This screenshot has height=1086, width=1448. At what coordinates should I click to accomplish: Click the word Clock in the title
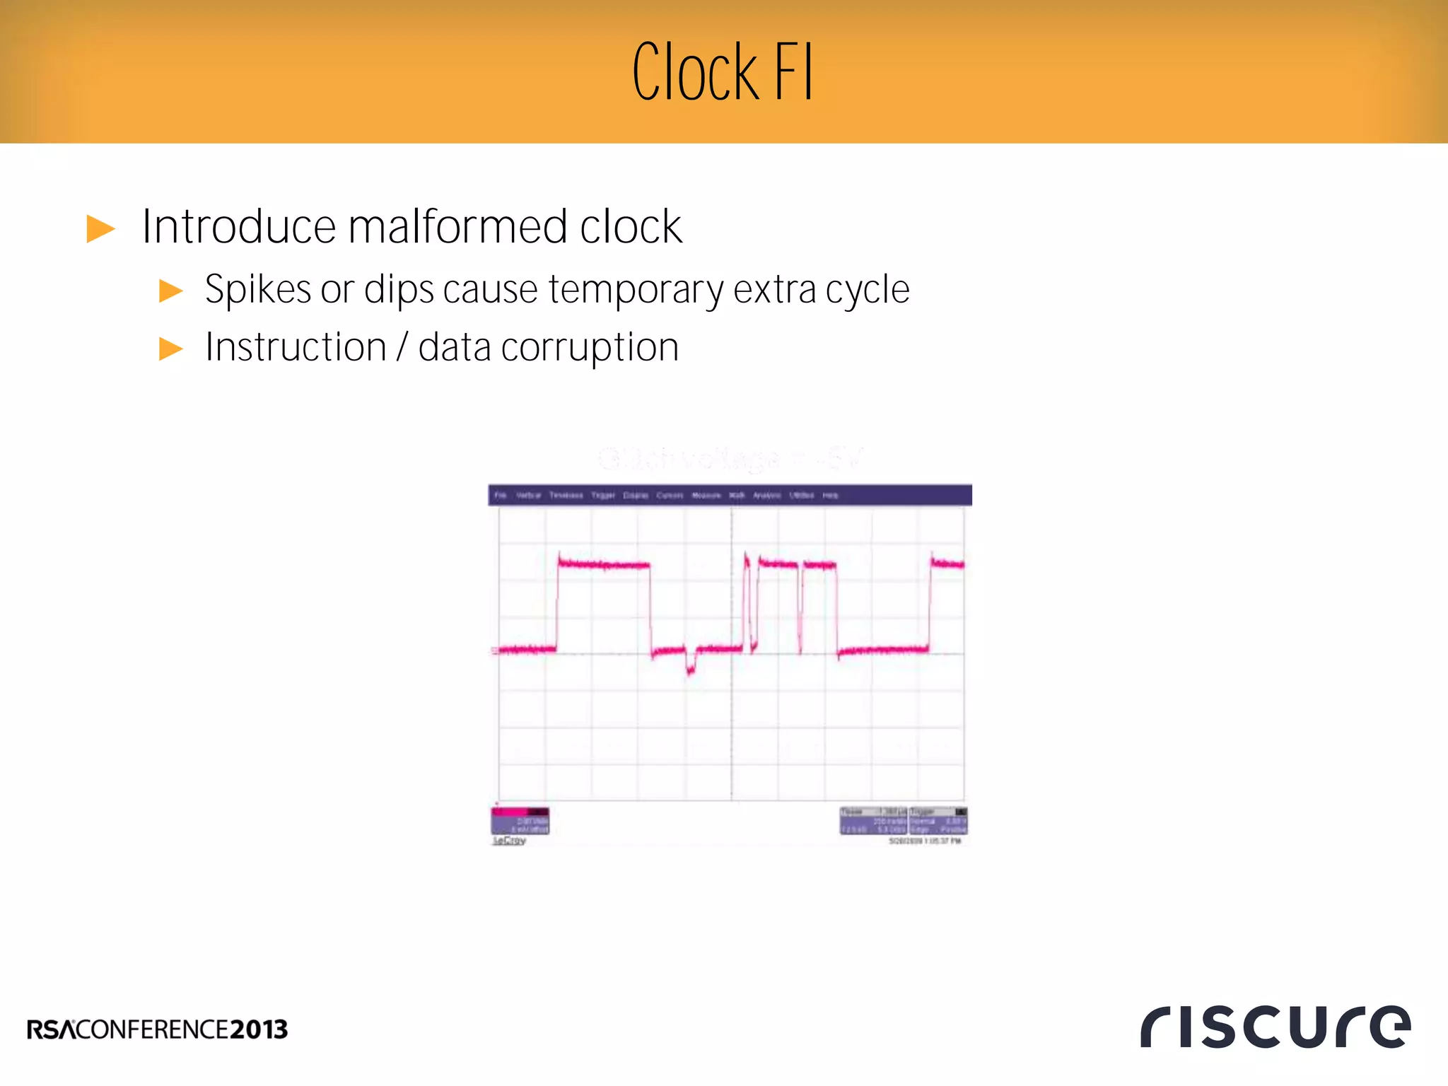pos(695,73)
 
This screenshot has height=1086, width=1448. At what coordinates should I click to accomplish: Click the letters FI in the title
pos(793,73)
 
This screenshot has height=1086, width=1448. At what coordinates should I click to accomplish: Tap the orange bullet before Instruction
pos(170,349)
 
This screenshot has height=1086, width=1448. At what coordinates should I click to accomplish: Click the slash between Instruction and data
pos(402,348)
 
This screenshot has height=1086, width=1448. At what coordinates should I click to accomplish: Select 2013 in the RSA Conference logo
pos(259,1029)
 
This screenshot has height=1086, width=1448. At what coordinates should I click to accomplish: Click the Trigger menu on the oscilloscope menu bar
pos(603,496)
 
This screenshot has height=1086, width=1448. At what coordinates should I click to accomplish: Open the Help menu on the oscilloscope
pos(830,496)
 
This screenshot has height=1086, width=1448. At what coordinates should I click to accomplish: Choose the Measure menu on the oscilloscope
pos(706,496)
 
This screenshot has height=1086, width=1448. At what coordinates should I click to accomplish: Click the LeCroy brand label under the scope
pos(509,841)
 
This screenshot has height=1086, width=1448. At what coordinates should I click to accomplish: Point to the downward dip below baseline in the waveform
pos(691,665)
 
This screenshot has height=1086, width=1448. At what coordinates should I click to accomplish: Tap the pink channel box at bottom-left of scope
pos(520,820)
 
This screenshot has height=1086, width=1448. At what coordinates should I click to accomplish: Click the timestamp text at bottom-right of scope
pos(924,841)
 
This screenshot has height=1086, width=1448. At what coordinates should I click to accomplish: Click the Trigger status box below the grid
pos(938,820)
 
